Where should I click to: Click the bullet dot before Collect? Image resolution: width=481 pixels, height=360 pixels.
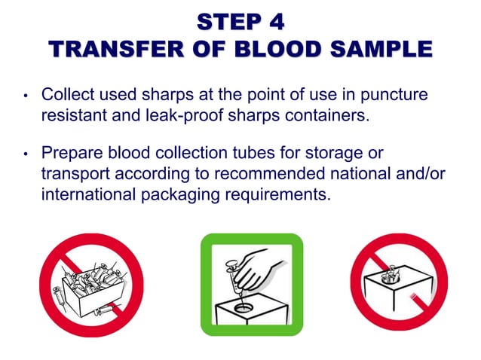(25, 98)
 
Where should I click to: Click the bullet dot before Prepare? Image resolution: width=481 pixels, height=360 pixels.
(25, 154)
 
